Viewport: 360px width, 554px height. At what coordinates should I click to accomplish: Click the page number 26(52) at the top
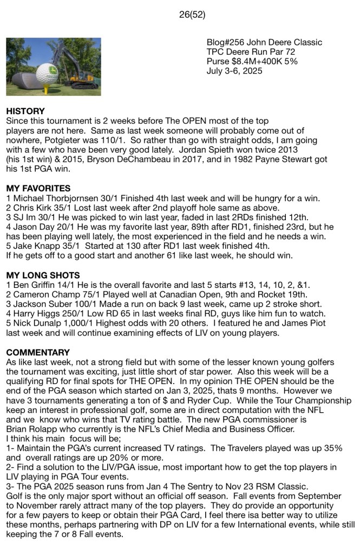192,15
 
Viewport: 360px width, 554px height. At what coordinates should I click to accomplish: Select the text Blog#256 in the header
225,42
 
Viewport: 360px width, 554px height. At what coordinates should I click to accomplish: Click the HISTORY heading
25,111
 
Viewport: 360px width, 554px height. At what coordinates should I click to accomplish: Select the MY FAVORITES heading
38,188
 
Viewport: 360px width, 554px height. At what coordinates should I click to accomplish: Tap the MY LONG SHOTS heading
43,275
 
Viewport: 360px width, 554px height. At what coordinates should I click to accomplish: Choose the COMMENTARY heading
37,352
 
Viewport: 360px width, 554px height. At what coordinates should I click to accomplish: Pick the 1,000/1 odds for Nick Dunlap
79,324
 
